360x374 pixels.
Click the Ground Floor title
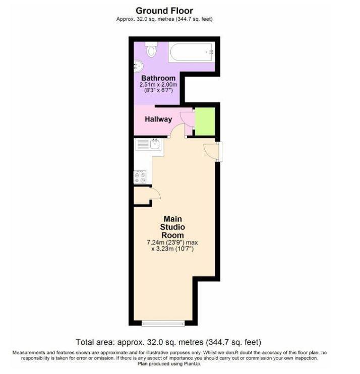tap(164, 11)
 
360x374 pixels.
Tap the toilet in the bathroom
tap(151, 49)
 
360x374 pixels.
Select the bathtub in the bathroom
tap(191, 52)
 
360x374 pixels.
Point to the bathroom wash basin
tap(138, 66)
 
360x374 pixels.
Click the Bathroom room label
tap(158, 78)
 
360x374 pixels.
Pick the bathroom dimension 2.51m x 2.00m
tap(158, 85)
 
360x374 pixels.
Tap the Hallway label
tap(158, 119)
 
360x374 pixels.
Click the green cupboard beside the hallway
tap(205, 121)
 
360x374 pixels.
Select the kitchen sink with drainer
tap(148, 144)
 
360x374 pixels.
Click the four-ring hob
tap(140, 177)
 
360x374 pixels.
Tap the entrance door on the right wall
tap(212, 152)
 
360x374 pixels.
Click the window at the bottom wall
tap(163, 324)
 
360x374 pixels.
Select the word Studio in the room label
tap(172, 227)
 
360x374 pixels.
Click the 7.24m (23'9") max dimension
tap(172, 242)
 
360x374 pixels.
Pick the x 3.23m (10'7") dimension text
tap(172, 249)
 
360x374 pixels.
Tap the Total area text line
tap(168, 342)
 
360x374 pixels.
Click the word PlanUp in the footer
tap(193, 364)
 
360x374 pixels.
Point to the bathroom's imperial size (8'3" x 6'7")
tap(158, 90)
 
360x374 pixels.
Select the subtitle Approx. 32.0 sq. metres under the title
tap(145, 19)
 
